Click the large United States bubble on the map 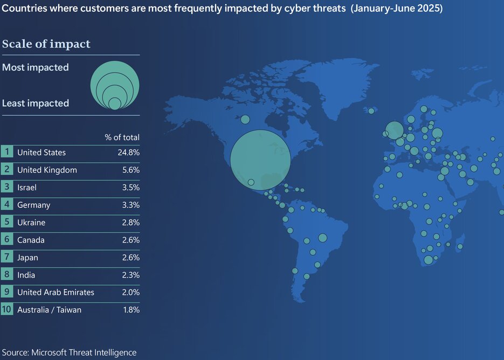click(260, 160)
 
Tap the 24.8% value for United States click(128, 153)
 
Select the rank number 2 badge click(7, 170)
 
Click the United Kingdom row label click(47, 170)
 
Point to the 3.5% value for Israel click(130, 188)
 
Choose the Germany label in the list click(33, 205)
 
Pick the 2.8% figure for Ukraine click(130, 223)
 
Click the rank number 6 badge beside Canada click(7, 240)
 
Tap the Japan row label click(27, 258)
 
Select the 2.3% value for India click(130, 275)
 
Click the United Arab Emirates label click(56, 292)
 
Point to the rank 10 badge click(7, 310)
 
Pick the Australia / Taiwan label click(49, 310)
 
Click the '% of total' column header click(122, 137)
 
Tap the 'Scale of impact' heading click(46, 44)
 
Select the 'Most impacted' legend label click(36, 67)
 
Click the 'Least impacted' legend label click(36, 103)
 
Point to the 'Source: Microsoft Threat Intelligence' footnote click(69, 352)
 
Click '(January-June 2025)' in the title click(396, 9)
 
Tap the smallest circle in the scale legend click(115, 103)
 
